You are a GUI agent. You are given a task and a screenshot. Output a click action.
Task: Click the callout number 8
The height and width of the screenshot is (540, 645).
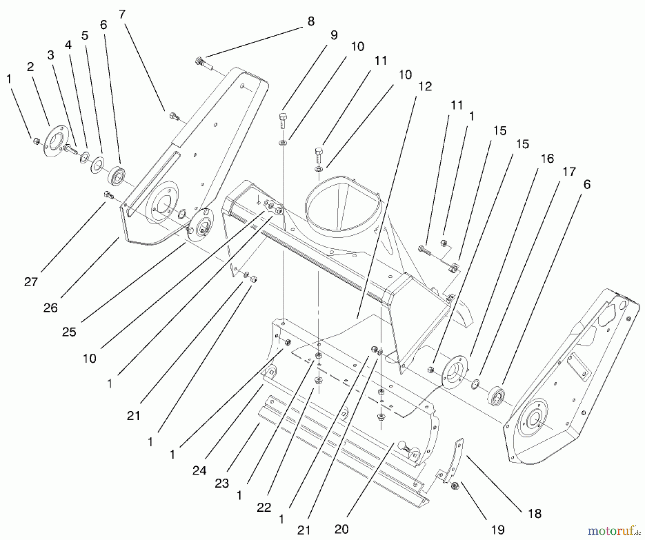(x=311, y=21)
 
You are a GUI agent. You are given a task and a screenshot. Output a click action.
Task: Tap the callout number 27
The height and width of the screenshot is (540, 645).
(x=31, y=282)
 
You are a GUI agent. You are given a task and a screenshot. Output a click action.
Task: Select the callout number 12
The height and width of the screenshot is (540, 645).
(x=425, y=87)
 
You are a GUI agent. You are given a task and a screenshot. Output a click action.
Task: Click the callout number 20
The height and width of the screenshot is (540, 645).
(x=341, y=529)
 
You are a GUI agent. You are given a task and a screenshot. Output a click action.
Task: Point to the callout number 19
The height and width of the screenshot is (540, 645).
(x=498, y=529)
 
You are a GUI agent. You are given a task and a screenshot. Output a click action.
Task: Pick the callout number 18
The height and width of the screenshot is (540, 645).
(x=535, y=514)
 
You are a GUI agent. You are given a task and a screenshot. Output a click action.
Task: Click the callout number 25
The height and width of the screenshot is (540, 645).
(x=69, y=332)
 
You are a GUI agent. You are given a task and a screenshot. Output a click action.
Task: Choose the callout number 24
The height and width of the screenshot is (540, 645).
(x=199, y=470)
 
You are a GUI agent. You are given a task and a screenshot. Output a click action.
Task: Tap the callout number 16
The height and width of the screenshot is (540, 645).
(x=547, y=158)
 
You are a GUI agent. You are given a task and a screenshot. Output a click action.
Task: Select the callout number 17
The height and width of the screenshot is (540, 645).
(x=569, y=172)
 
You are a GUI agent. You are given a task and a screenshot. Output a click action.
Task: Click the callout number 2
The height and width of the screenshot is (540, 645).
(x=30, y=67)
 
